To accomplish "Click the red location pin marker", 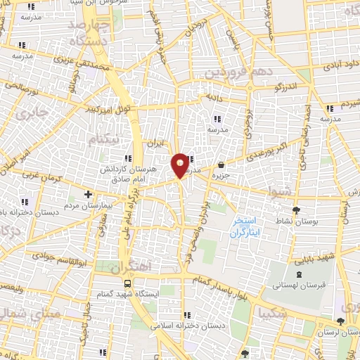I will point(180,165).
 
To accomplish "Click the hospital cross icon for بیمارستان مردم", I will point(88,194).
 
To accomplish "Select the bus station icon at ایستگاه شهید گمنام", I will point(127,283).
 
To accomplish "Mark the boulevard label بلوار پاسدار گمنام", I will point(221,278).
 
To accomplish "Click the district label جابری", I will point(32,113).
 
